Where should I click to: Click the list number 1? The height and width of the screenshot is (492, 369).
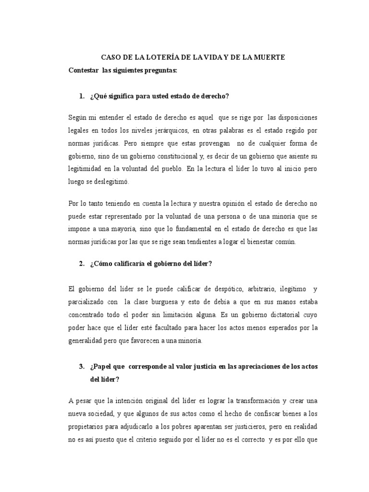tap(82, 96)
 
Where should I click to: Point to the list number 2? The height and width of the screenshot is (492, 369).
tap(82, 263)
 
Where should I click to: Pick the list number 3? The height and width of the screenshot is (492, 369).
tap(82, 367)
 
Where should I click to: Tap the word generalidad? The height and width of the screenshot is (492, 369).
tap(88, 341)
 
